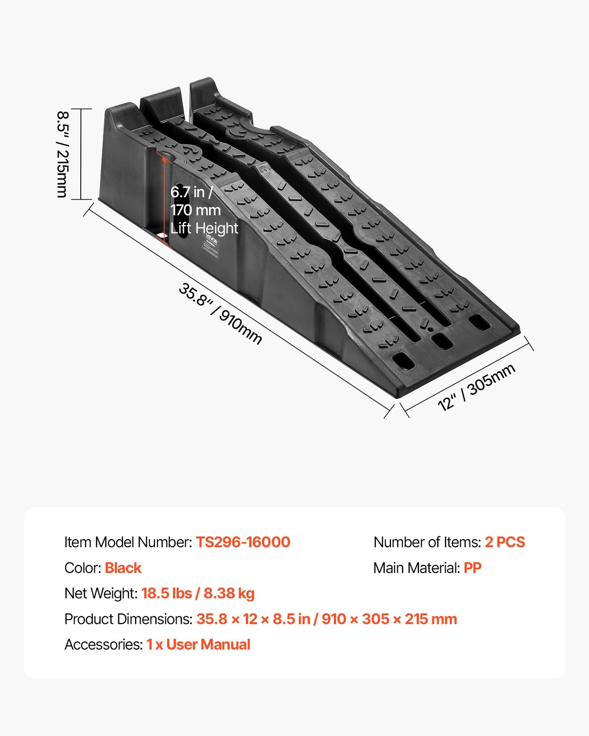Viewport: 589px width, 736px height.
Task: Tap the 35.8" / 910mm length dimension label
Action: [x=220, y=314]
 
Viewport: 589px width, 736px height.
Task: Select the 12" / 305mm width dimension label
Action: [x=476, y=388]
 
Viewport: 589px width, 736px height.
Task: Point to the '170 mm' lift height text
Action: [x=196, y=210]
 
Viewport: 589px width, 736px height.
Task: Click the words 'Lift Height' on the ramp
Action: [x=204, y=228]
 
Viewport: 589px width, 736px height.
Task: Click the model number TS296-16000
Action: [x=243, y=542]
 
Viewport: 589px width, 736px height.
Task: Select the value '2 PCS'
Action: [x=505, y=542]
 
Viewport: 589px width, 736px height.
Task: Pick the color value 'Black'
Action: [x=123, y=568]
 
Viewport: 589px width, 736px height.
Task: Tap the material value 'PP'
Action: [x=472, y=568]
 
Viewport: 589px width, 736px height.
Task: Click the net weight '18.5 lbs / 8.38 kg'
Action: [x=198, y=593]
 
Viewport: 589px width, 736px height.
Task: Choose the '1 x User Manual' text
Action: [x=199, y=644]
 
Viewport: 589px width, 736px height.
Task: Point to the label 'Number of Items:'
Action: [x=427, y=542]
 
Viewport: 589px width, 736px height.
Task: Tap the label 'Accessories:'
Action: [x=104, y=644]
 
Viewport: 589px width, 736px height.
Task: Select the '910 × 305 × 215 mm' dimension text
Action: [x=389, y=619]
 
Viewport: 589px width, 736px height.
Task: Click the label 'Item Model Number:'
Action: [x=128, y=542]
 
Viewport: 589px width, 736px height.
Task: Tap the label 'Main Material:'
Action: [x=417, y=568]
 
